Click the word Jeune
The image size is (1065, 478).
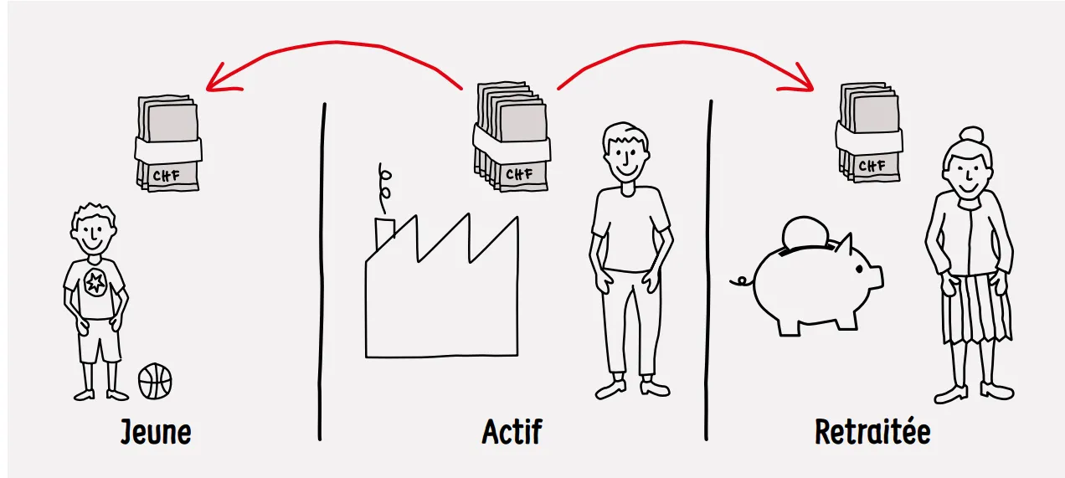click(x=156, y=432)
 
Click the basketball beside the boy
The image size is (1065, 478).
click(x=155, y=381)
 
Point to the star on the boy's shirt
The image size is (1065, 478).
click(x=95, y=283)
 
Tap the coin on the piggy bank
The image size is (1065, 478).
click(x=805, y=233)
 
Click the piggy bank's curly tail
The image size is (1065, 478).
click(x=742, y=282)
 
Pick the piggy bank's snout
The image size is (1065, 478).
click(x=876, y=276)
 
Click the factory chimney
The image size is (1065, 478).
click(x=384, y=233)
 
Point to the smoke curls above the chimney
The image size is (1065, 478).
click(x=384, y=188)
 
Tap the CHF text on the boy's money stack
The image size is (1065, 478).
click(x=167, y=176)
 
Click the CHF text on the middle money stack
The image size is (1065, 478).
click(x=519, y=174)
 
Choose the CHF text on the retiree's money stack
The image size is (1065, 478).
click(x=872, y=166)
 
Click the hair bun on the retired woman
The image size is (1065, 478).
click(x=972, y=135)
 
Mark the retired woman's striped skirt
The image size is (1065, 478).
click(x=976, y=308)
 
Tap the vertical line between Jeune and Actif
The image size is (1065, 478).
click(x=322, y=272)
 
